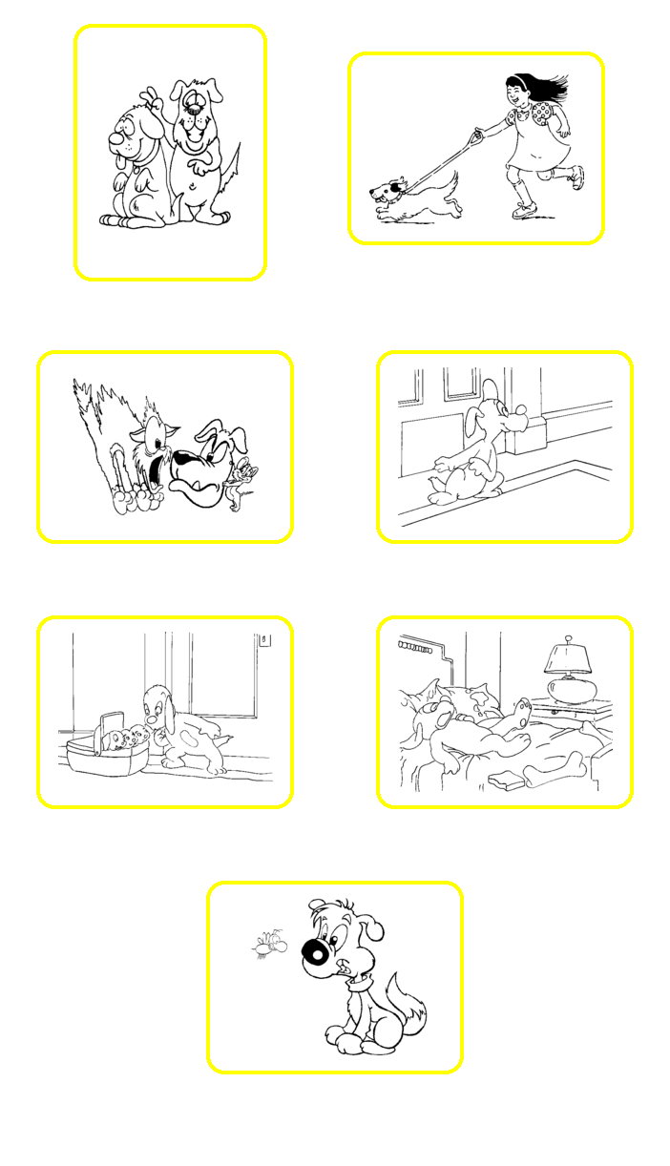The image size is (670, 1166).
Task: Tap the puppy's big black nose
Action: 316,951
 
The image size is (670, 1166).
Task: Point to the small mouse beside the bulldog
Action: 244,481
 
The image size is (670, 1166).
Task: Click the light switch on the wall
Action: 264,640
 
